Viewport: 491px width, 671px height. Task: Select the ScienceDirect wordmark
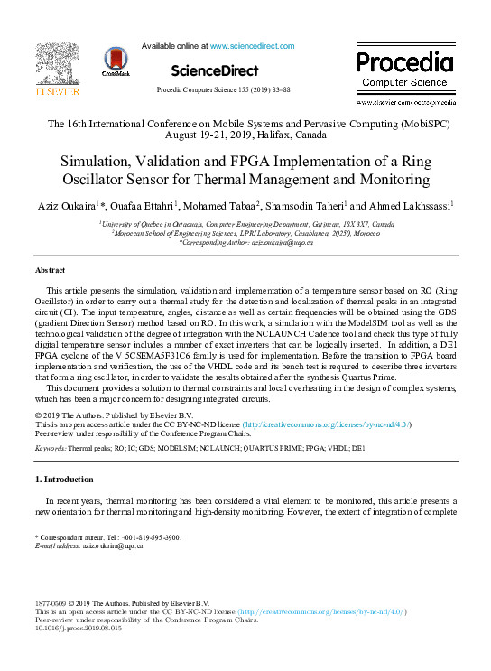coord(214,70)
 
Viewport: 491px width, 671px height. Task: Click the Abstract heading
coord(50,270)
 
